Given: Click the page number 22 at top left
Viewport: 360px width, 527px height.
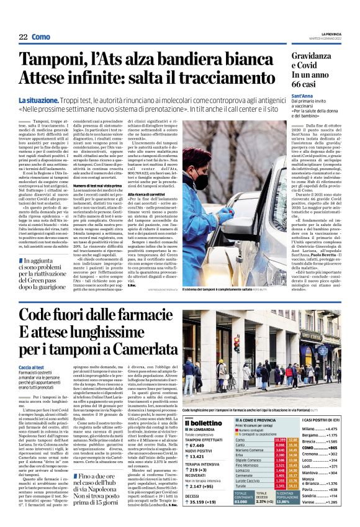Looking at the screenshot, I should pos(22,37).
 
